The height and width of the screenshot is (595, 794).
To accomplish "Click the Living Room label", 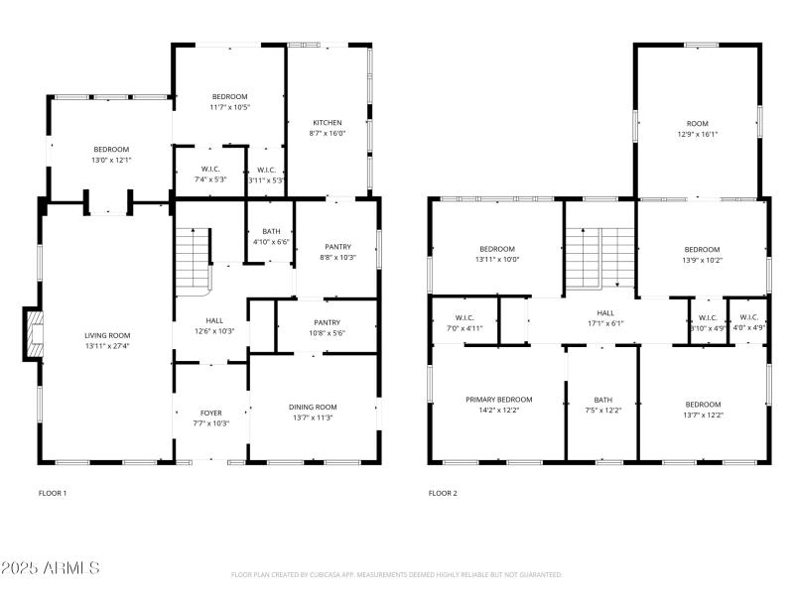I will tap(107, 335).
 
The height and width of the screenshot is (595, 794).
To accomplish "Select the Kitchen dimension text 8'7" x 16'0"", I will tap(328, 133).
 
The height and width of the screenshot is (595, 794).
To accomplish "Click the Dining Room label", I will tap(313, 407).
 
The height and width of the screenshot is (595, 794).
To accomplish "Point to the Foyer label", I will tap(210, 413).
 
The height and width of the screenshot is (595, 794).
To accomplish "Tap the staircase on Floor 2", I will tap(599, 256).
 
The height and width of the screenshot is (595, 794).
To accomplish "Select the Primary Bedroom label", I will tap(499, 399).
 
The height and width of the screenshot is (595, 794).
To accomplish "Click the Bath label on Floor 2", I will tap(602, 399).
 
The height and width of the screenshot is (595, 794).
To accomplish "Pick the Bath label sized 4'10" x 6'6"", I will tap(270, 231).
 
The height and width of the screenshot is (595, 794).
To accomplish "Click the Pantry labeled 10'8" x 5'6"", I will tap(327, 322).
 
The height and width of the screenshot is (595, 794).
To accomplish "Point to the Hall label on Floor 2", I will tap(604, 312).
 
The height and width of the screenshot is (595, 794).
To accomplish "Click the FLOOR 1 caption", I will tap(53, 493).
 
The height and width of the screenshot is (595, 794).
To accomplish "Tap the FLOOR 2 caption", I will tap(444, 493).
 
